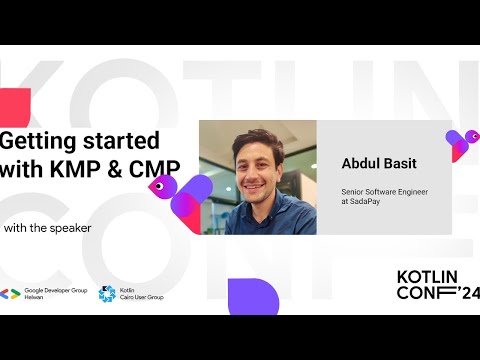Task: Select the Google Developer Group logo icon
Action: tap(11, 294)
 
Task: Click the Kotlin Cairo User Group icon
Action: tap(106, 294)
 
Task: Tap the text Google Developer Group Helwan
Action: tap(56, 294)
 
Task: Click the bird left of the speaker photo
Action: tap(180, 195)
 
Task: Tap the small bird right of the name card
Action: tap(460, 145)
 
